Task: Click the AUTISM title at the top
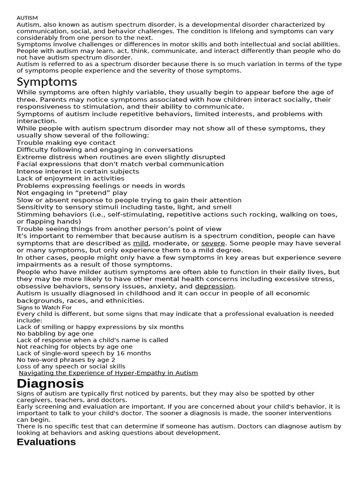coord(27,18)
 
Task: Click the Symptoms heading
coord(47,82)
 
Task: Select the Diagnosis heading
coord(50,383)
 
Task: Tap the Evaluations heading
coord(46,442)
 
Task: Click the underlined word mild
coord(141,243)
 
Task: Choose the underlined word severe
coord(213,243)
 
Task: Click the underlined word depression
coord(214,286)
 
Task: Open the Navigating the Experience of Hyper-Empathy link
coord(108,373)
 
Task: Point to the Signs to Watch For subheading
coord(44,307)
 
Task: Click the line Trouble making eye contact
coord(66,142)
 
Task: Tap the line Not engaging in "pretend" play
coord(72,193)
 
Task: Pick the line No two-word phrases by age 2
coord(66,360)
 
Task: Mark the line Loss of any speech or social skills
coord(71,367)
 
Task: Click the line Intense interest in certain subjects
coord(78,172)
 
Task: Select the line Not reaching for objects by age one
coord(75,347)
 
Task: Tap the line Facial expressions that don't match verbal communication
coord(120,164)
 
